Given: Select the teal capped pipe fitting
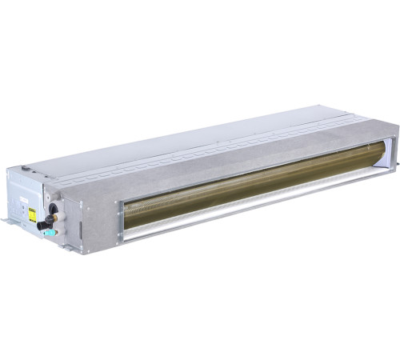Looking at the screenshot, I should click(50, 233).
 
